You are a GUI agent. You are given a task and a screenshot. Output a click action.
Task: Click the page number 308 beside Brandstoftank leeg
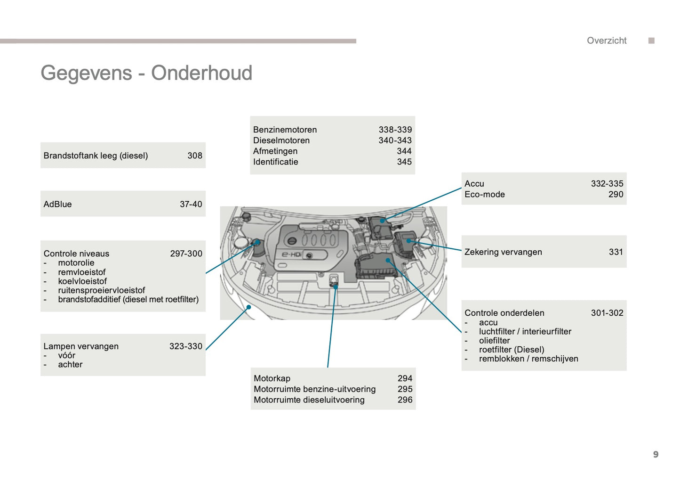(194, 156)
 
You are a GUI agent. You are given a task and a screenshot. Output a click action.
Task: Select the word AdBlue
(57, 204)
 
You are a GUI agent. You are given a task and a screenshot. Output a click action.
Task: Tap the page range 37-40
(191, 204)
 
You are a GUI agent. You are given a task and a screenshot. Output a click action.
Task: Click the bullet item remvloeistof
(81, 272)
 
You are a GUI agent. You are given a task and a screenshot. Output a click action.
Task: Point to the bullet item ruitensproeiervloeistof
(101, 290)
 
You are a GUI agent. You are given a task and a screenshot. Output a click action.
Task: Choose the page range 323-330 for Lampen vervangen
(185, 346)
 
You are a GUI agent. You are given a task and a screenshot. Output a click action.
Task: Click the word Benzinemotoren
(285, 130)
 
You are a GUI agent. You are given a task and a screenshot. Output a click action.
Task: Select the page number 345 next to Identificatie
(404, 162)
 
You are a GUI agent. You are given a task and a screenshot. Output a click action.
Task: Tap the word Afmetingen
(275, 151)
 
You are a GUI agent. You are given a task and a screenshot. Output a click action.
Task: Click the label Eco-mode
(484, 194)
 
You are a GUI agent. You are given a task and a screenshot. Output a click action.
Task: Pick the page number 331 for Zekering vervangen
(616, 252)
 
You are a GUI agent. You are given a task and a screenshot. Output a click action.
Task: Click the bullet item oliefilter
(494, 340)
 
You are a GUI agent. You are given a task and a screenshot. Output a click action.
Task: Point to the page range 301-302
(607, 312)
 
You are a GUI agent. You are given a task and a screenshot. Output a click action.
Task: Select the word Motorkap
(272, 378)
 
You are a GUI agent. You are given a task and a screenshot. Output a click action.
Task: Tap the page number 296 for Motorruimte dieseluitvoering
(405, 400)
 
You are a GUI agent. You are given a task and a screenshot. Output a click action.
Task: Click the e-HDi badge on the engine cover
(291, 254)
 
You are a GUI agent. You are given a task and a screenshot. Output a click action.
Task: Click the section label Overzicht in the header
(606, 41)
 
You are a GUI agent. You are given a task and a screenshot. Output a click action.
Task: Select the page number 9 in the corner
(656, 454)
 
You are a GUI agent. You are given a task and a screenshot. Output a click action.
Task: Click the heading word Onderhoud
(201, 73)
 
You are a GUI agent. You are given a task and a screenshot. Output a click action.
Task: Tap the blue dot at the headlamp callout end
(249, 307)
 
